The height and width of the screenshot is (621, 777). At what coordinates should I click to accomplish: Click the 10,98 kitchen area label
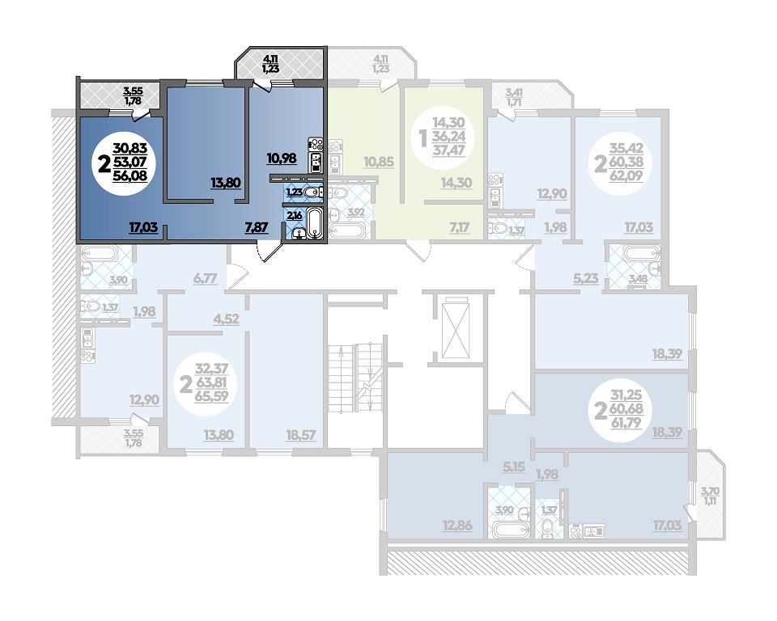click(282, 158)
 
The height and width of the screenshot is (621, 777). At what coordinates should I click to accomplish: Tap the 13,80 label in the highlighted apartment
click(226, 183)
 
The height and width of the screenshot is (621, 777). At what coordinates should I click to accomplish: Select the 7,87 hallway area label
click(257, 227)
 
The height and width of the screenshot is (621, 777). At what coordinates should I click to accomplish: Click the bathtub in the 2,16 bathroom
click(315, 224)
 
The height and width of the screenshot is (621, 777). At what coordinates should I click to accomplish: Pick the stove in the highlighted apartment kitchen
click(316, 145)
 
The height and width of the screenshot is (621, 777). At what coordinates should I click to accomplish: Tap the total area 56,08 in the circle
click(130, 175)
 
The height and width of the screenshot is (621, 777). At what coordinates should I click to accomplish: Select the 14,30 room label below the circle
click(456, 183)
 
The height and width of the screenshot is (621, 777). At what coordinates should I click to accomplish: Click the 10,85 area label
click(378, 162)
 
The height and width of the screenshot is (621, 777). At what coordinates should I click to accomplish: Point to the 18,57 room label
click(301, 435)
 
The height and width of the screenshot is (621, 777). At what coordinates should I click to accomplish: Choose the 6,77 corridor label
click(205, 278)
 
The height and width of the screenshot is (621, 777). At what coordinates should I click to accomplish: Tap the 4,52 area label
click(226, 319)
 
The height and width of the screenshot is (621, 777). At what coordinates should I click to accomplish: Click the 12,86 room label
click(456, 526)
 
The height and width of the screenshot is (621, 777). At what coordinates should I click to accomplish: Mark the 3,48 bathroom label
click(638, 279)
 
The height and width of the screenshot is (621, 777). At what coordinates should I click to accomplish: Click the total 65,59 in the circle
click(211, 396)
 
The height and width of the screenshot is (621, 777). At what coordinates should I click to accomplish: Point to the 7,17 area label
click(458, 227)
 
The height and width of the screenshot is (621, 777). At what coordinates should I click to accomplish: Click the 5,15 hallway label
click(513, 466)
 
